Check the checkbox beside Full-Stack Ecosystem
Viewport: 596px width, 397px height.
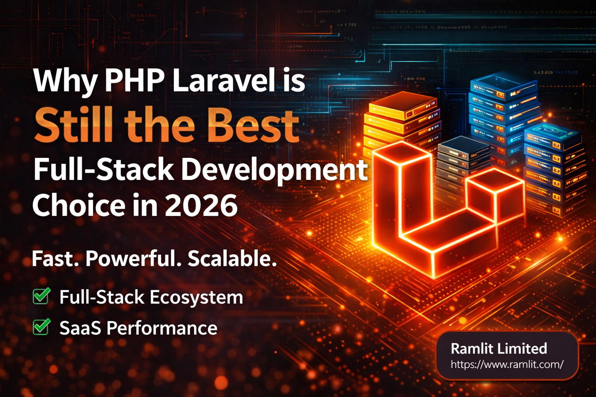point(41,297)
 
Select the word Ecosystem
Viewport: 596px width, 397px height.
point(196,297)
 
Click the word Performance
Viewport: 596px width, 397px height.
point(162,328)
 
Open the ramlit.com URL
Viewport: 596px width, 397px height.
point(507,364)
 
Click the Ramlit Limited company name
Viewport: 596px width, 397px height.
point(499,349)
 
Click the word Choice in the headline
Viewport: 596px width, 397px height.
point(77,205)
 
